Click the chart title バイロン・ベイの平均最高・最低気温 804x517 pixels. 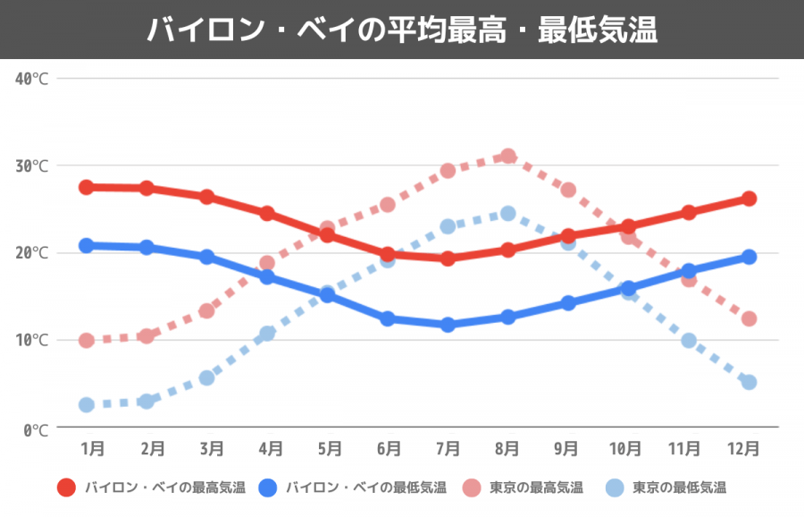[x=402, y=30]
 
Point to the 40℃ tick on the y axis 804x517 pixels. [x=31, y=79]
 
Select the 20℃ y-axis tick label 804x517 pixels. [x=31, y=253]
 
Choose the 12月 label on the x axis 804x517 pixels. [x=744, y=448]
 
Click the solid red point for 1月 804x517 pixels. [x=87, y=187]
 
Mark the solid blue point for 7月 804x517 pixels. [x=448, y=325]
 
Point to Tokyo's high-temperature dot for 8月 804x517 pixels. [x=508, y=157]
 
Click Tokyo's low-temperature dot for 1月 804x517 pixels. [x=87, y=404]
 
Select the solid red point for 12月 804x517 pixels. [x=749, y=199]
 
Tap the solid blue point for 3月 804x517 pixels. [x=206, y=257]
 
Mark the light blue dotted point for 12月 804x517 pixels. [x=749, y=382]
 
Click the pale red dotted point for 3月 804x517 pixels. [x=206, y=310]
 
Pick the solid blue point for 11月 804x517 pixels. [x=689, y=271]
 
